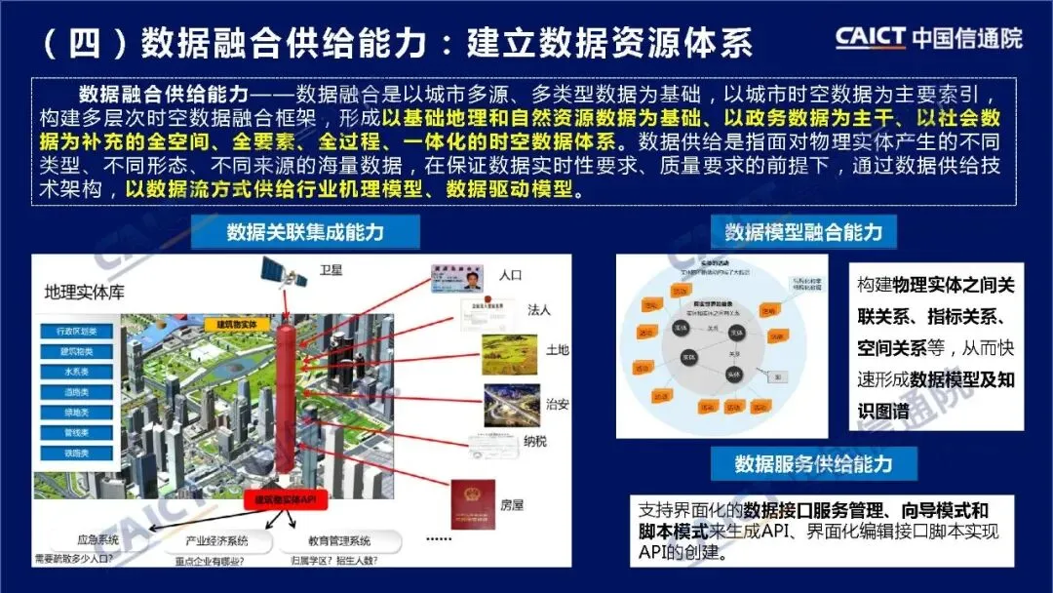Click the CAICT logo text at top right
point(872,37)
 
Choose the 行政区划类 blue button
point(74,332)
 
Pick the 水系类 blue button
point(74,372)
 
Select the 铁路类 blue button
point(74,453)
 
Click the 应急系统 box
point(97,539)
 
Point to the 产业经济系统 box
point(216,540)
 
